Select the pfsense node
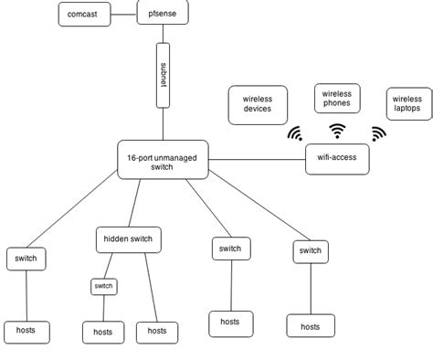[164, 15]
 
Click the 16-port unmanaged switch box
[164, 159]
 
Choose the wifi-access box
[337, 159]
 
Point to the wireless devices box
[257, 104]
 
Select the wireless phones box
[337, 98]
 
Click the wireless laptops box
[407, 103]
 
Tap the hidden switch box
[129, 239]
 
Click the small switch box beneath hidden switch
[103, 286]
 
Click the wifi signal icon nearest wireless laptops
[378, 133]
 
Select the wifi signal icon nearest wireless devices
[295, 134]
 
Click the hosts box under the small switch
[103, 331]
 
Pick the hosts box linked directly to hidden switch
[157, 331]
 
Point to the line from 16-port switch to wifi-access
[257, 159]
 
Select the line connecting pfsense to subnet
[164, 34]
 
